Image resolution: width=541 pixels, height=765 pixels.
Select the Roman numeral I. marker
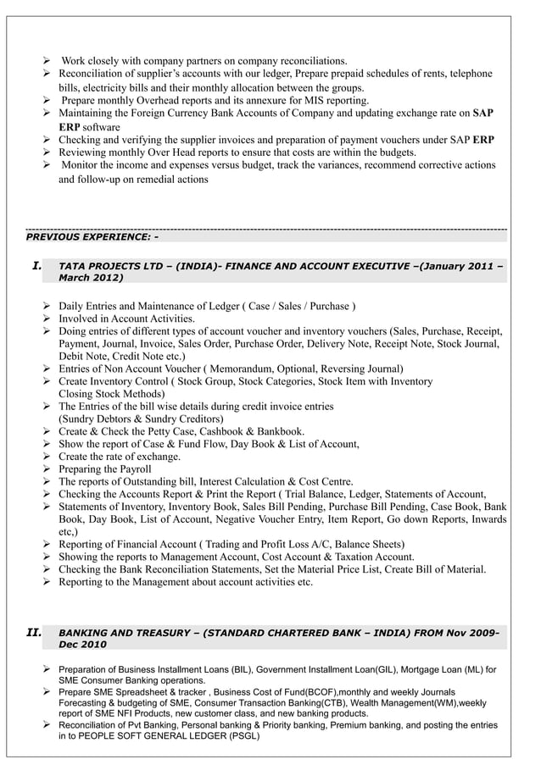(x=36, y=265)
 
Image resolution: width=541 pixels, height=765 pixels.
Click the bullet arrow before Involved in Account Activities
(x=47, y=319)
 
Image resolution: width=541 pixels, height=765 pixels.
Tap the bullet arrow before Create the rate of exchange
(x=47, y=457)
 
